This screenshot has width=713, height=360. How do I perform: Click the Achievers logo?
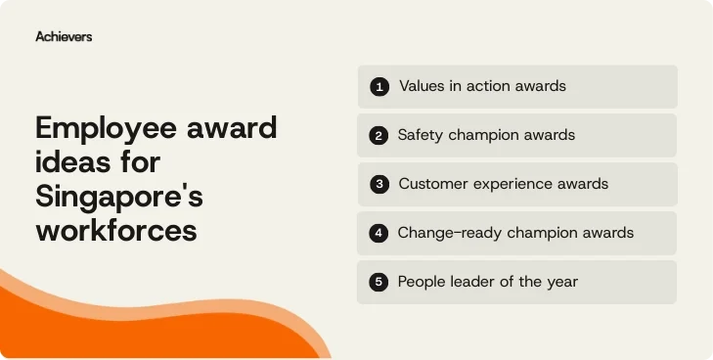[64, 36]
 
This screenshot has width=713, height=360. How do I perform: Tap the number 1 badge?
[379, 87]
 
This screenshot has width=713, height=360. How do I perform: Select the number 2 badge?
[379, 136]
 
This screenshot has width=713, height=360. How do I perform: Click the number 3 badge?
[379, 184]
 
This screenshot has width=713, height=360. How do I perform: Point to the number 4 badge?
[379, 233]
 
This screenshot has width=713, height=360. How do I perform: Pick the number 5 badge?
[379, 282]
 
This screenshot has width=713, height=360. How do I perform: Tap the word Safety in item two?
[421, 135]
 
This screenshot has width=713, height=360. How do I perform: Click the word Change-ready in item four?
[444, 233]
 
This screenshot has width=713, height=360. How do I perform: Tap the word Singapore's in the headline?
[118, 196]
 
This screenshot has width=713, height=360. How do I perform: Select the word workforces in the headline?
[115, 230]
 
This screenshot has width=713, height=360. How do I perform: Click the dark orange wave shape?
[117, 333]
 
